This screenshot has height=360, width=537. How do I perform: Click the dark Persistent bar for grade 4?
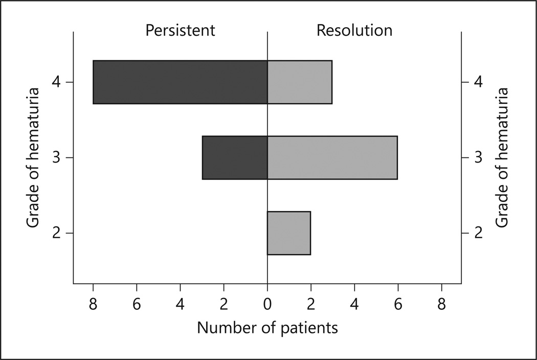(180, 82)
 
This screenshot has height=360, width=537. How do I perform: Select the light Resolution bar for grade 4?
(300, 82)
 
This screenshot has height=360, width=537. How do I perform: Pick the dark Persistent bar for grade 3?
(235, 157)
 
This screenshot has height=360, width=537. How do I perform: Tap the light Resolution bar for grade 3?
(332, 157)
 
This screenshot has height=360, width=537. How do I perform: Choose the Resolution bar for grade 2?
(289, 233)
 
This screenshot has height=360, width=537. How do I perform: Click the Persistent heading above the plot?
(180, 31)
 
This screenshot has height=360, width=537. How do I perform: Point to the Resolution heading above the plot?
(354, 31)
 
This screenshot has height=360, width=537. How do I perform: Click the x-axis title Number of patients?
(267, 328)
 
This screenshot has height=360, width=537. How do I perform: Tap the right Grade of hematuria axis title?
(502, 157)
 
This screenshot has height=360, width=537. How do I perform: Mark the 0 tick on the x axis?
(267, 305)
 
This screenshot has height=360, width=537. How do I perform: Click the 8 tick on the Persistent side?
(93, 305)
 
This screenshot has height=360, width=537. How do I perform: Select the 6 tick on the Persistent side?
(137, 305)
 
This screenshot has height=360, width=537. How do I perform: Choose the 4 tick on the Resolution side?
(354, 305)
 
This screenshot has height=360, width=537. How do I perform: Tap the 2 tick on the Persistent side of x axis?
(223, 305)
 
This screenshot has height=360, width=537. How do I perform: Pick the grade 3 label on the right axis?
(478, 157)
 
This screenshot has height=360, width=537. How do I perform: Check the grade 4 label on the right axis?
(478, 82)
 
